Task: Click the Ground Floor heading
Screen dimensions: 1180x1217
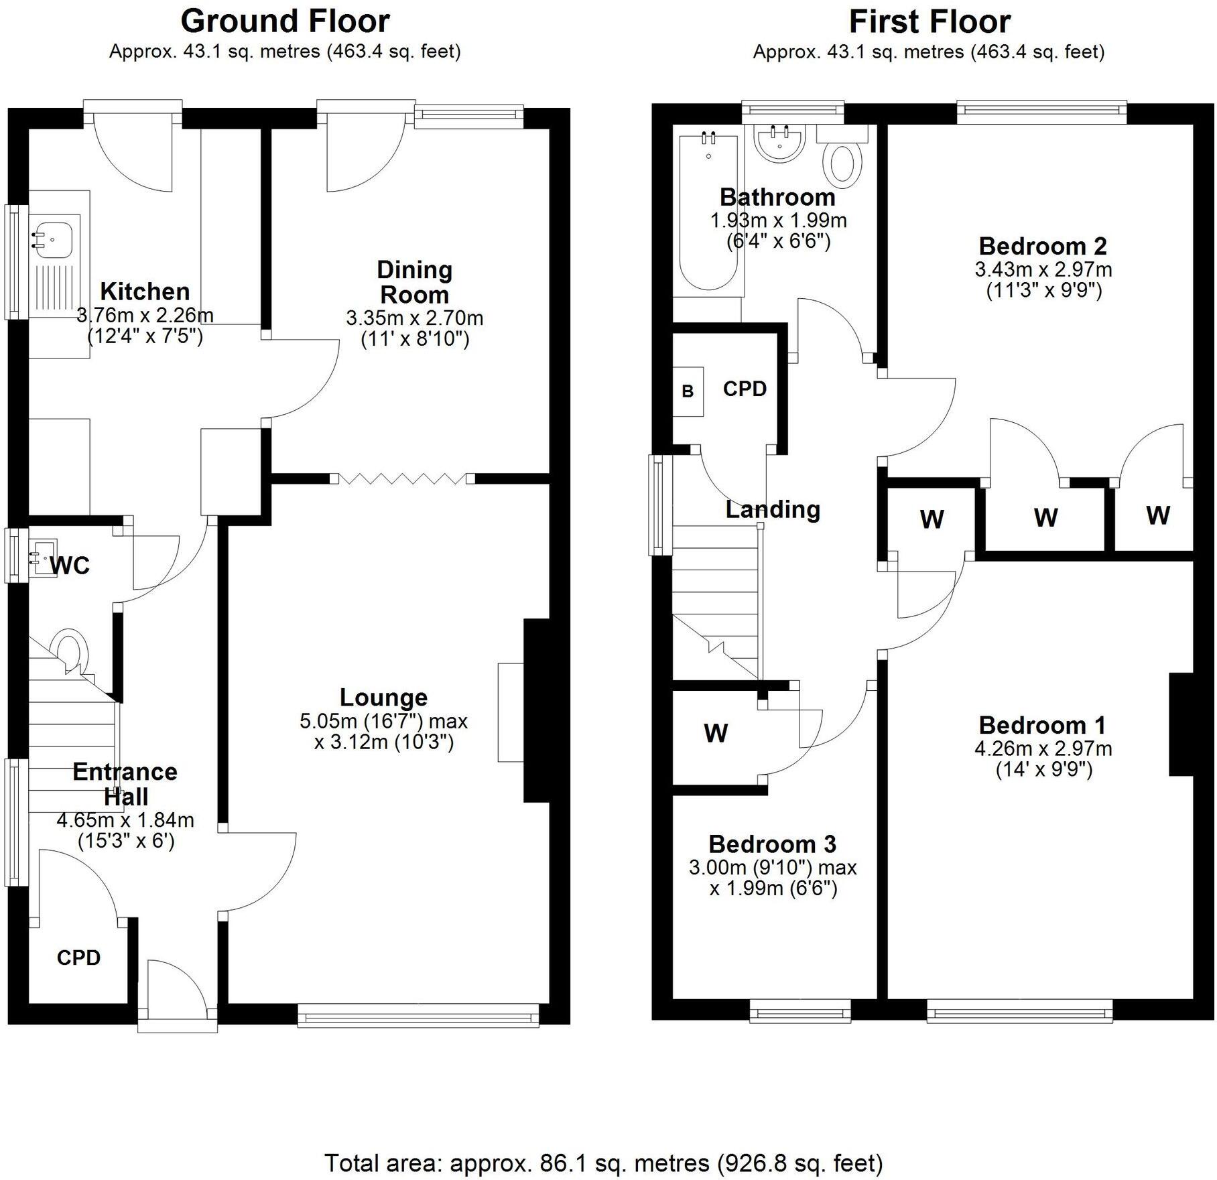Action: [x=285, y=21]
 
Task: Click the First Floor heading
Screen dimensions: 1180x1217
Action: [x=929, y=21]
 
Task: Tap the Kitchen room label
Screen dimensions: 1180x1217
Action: [x=145, y=291]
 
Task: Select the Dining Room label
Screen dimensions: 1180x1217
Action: [x=414, y=282]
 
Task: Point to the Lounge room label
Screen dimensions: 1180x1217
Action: [x=383, y=698]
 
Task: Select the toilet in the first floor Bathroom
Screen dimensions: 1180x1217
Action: [x=846, y=163]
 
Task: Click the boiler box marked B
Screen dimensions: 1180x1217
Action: [x=688, y=391]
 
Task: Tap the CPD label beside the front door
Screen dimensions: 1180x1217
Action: [x=78, y=958]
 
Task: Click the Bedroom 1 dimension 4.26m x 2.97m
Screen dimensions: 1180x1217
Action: [x=1043, y=748]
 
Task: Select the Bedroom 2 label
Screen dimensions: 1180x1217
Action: [x=1042, y=246]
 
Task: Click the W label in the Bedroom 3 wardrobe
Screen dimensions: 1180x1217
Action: [x=716, y=733]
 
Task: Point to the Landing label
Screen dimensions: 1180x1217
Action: [x=773, y=509]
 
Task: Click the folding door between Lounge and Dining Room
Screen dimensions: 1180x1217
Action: [x=403, y=478]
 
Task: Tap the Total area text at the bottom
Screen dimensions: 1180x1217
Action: [x=603, y=1163]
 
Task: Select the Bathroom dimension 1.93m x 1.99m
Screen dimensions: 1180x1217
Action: [x=778, y=220]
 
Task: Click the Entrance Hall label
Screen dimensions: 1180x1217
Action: [x=125, y=784]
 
